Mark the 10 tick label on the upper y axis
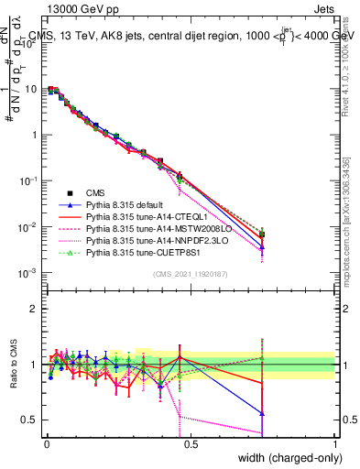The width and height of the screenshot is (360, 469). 33,89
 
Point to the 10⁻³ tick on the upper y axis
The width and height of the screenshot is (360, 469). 30,272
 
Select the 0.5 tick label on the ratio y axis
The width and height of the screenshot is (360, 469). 31,420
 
